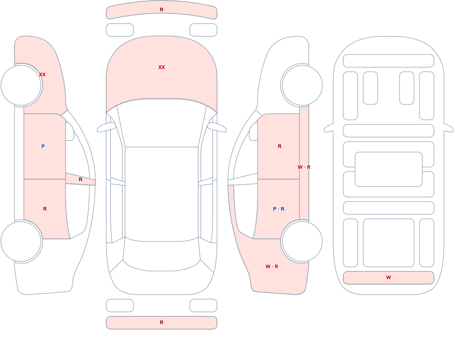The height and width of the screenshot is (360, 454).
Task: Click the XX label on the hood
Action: pyautogui.click(x=162, y=67)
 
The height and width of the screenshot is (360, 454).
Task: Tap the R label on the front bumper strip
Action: pyautogui.click(x=162, y=10)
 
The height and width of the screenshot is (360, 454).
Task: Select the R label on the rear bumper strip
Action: pyautogui.click(x=162, y=322)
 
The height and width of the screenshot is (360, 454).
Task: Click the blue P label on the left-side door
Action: pyautogui.click(x=43, y=146)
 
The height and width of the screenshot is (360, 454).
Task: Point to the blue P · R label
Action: pyautogui.click(x=279, y=209)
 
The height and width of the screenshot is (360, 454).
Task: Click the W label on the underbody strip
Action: pyautogui.click(x=389, y=277)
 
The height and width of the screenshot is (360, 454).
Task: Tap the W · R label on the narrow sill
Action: pyautogui.click(x=304, y=167)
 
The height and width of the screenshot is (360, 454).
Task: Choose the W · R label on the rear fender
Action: pyautogui.click(x=272, y=266)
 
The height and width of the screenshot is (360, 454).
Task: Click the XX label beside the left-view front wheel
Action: pyautogui.click(x=42, y=74)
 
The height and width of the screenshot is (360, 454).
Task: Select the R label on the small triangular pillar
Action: pyautogui.click(x=80, y=180)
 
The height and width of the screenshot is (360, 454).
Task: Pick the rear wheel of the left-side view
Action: pyautogui.click(x=21, y=242)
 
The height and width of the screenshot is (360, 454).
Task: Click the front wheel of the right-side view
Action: pyautogui.click(x=302, y=85)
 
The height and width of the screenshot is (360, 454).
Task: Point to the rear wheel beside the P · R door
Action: pyautogui.click(x=302, y=242)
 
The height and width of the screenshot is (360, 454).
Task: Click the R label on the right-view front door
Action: pyautogui.click(x=279, y=146)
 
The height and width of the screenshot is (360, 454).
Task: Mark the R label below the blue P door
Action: pyautogui.click(x=45, y=209)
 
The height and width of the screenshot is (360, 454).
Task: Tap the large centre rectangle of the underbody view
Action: pyautogui.click(x=389, y=169)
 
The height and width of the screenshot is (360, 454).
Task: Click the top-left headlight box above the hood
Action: pyautogui.click(x=120, y=30)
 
